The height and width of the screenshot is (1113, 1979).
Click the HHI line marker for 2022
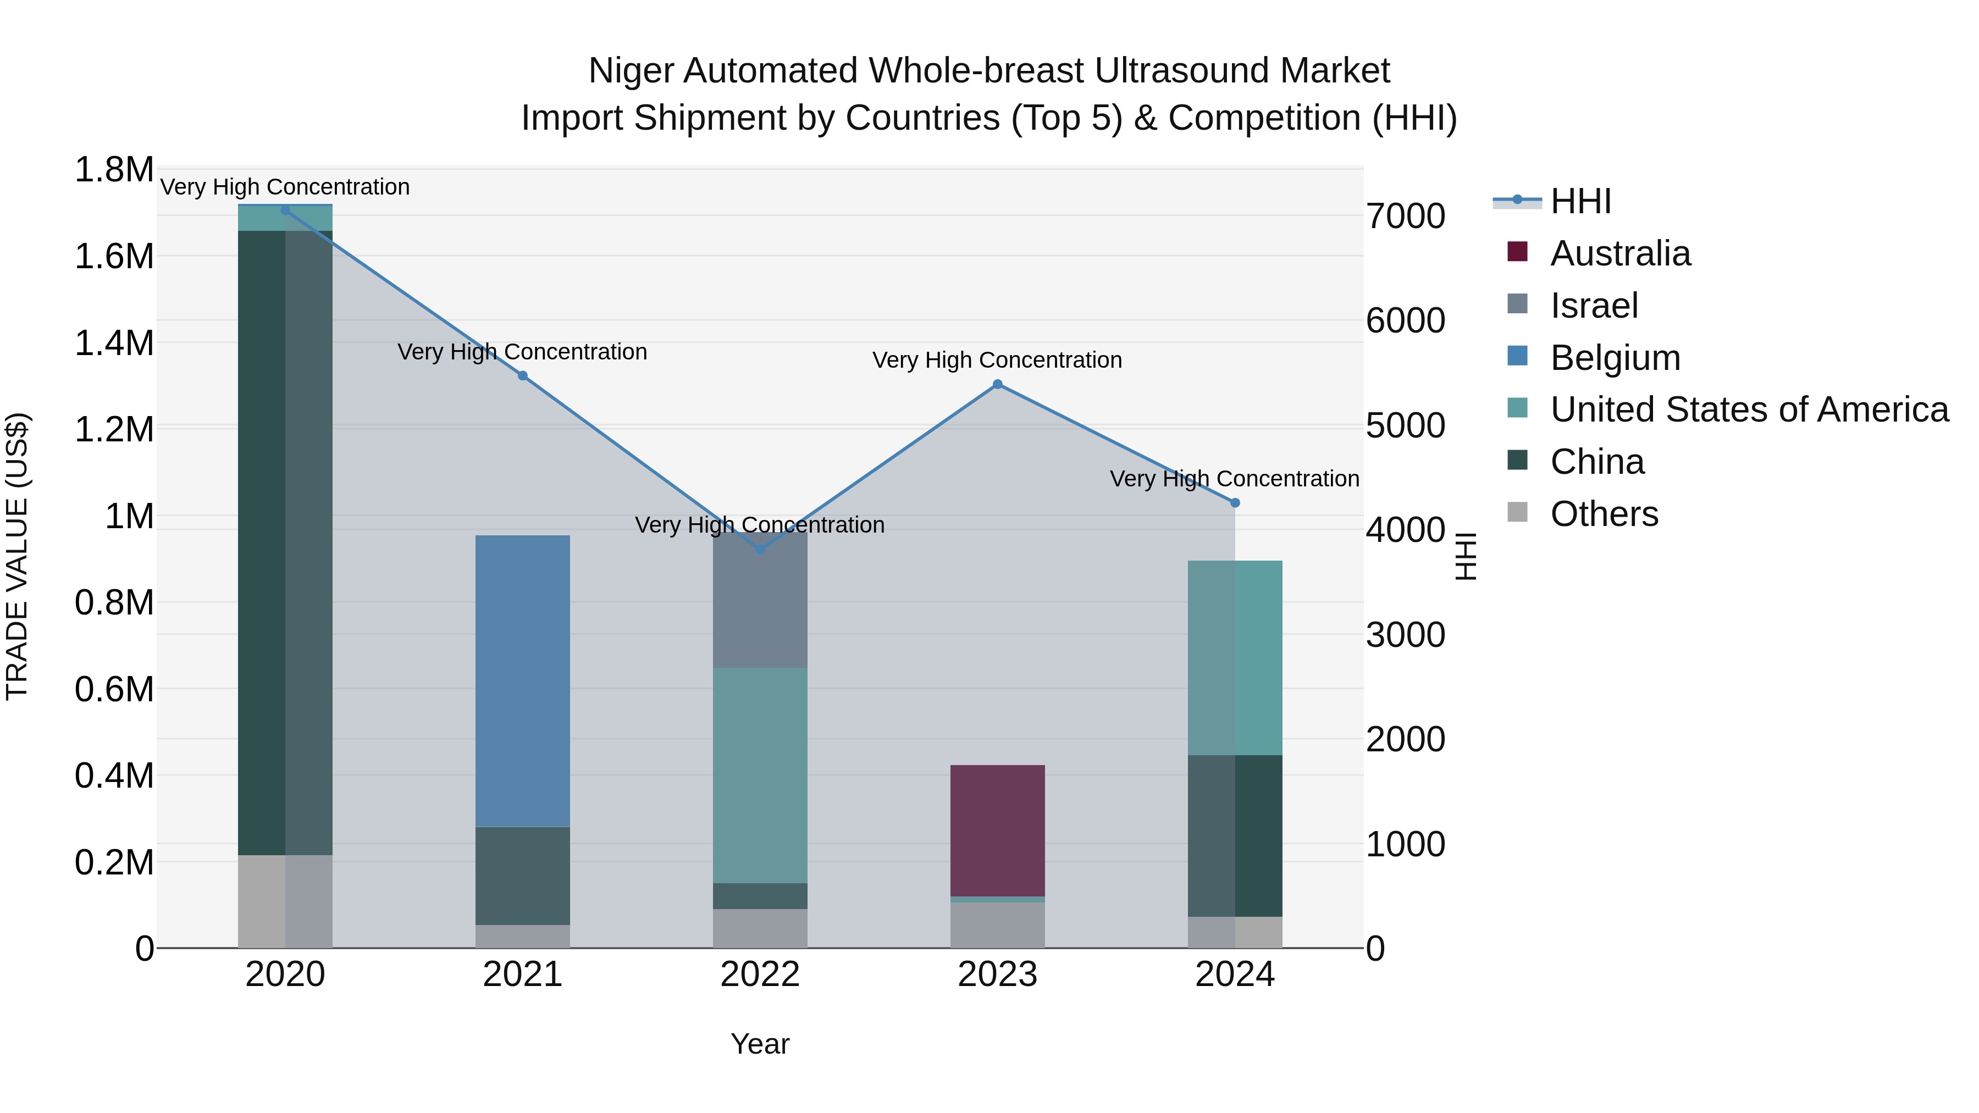pyautogui.click(x=760, y=549)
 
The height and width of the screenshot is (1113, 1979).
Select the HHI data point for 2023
pyautogui.click(x=997, y=384)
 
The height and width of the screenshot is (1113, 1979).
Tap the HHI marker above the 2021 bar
pyautogui.click(x=522, y=375)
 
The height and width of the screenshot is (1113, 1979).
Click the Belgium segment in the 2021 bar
pyautogui.click(x=522, y=680)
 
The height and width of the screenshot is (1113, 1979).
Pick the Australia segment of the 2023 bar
pyautogui.click(x=997, y=830)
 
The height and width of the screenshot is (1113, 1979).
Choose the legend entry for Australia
pyautogui.click(x=1619, y=253)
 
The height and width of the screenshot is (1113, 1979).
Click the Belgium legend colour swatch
pyautogui.click(x=1517, y=356)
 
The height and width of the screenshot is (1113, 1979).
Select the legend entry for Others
pyautogui.click(x=1604, y=514)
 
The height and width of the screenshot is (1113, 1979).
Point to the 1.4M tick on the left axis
pyautogui.click(x=114, y=342)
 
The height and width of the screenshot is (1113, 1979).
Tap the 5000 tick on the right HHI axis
pyautogui.click(x=1405, y=425)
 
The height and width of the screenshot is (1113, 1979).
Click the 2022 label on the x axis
pyautogui.click(x=760, y=974)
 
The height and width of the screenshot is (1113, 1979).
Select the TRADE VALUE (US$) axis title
pyautogui.click(x=17, y=556)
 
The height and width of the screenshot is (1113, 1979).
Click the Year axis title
pyautogui.click(x=760, y=1044)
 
